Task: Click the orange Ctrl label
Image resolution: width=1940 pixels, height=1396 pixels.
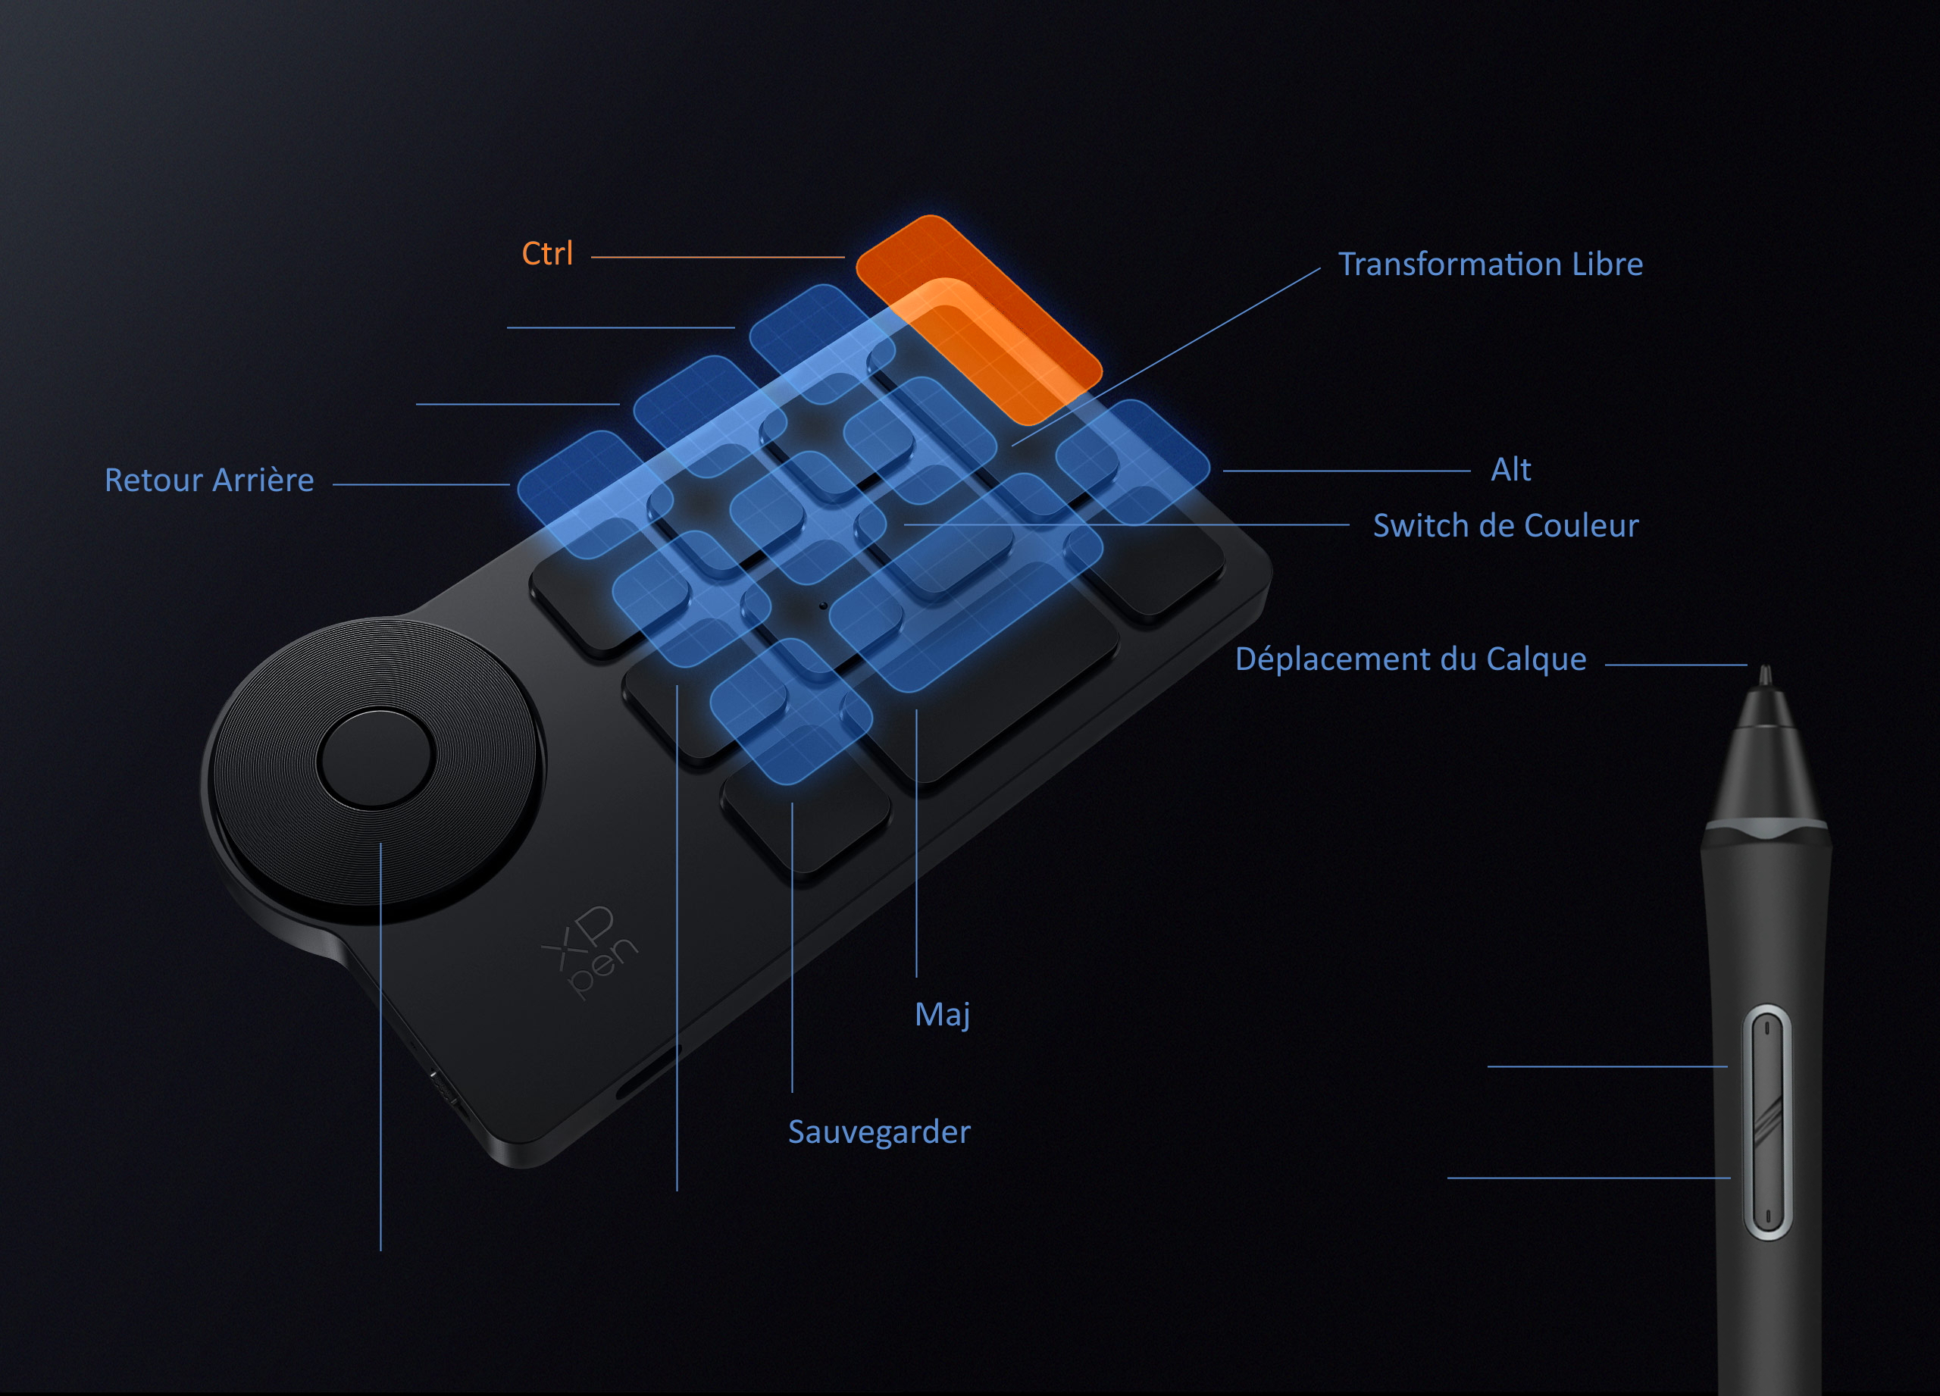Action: pos(547,254)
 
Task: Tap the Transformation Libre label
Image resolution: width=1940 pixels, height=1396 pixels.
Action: pos(1490,264)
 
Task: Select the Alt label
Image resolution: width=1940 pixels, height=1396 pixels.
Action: pos(1510,470)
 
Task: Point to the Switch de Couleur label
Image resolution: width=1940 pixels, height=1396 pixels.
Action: pos(1506,525)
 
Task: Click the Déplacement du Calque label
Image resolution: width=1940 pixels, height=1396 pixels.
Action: pos(1410,659)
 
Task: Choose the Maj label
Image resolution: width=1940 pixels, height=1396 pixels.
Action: pos(942,1015)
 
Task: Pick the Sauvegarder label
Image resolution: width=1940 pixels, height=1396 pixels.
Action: pos(879,1132)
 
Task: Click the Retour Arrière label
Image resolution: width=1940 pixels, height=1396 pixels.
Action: pos(208,480)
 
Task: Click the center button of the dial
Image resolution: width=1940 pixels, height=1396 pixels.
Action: pos(376,758)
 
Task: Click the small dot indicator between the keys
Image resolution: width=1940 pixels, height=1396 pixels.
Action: pos(823,606)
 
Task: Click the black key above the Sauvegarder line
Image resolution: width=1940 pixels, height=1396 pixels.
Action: pos(804,822)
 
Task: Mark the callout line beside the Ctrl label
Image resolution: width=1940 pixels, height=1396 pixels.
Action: pos(717,257)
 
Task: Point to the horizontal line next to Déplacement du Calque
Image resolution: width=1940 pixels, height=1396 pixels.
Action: pos(1675,665)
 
